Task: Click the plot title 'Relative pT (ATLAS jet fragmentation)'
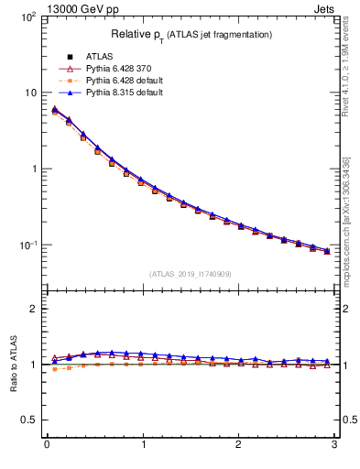click(x=190, y=35)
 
